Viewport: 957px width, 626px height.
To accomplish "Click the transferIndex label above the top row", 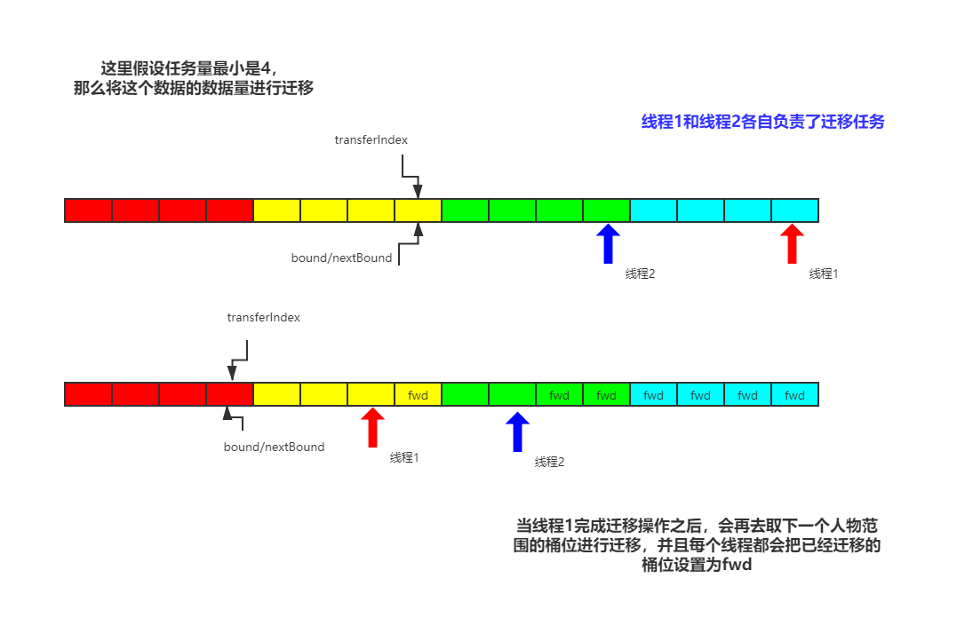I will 371,139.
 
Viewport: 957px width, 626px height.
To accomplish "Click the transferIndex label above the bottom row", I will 263,317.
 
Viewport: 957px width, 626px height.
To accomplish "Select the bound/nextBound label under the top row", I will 341,258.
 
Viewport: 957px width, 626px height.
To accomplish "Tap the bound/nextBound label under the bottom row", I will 274,447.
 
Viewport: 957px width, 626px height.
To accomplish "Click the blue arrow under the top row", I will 608,243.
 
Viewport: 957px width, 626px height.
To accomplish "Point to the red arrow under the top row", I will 792,243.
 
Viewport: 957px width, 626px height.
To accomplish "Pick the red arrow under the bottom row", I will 372,427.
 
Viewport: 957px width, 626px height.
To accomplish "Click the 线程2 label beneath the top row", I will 640,273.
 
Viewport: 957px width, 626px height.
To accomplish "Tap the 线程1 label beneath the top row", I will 824,273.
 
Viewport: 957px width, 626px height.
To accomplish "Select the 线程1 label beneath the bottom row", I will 403,457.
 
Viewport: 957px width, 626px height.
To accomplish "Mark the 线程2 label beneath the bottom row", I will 549,462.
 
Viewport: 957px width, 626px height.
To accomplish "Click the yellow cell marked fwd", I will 418,395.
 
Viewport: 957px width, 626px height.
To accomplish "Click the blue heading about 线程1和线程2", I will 762,123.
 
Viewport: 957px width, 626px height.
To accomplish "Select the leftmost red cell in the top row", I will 88,210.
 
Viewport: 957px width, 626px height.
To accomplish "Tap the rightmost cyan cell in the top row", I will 794,210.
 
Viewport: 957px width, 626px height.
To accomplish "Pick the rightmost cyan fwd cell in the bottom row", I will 794,395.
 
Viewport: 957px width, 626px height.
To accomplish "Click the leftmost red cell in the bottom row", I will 88,395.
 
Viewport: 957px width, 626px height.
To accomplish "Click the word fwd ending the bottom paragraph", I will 737,565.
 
